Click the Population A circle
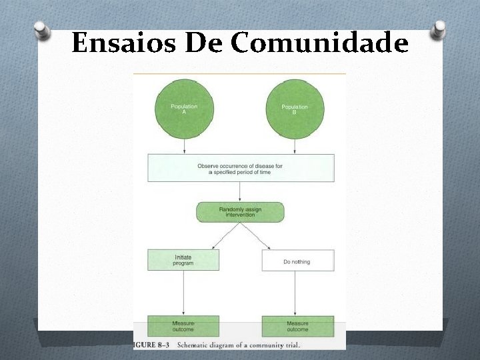tap(184, 109)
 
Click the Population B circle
tap(295, 109)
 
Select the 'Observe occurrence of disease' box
tap(241, 168)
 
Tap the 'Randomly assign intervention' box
tap(240, 213)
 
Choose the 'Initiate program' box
tap(183, 260)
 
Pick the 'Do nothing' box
tap(297, 261)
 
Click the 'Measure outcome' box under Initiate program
tap(183, 326)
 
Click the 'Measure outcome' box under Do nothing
tap(297, 326)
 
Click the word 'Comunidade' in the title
tap(319, 44)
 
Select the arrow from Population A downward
tap(184, 147)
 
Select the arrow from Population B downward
tap(295, 147)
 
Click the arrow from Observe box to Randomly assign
tap(240, 192)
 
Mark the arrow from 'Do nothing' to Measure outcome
tap(295, 293)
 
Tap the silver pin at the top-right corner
tap(439, 29)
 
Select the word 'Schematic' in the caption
tap(197, 345)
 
